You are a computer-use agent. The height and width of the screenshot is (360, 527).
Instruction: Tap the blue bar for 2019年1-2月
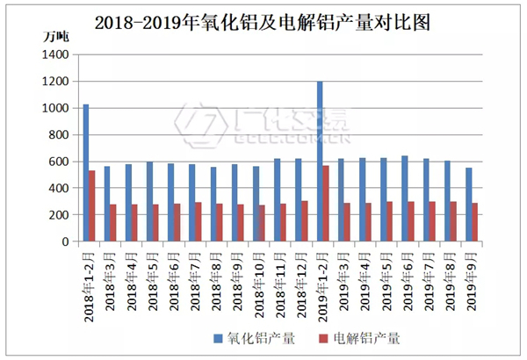pos(320,162)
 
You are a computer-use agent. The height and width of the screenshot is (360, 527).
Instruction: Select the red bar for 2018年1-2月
pos(92,205)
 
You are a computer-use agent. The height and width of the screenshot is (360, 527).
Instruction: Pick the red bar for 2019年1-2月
pos(327,203)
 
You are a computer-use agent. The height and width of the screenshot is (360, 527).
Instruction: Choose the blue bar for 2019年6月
pos(405,198)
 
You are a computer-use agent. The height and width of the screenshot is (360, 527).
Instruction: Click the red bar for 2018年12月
pos(305,221)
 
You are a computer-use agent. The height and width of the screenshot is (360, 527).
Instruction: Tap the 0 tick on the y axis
pos(64,241)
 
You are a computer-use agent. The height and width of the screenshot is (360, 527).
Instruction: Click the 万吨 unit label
pos(57,37)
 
